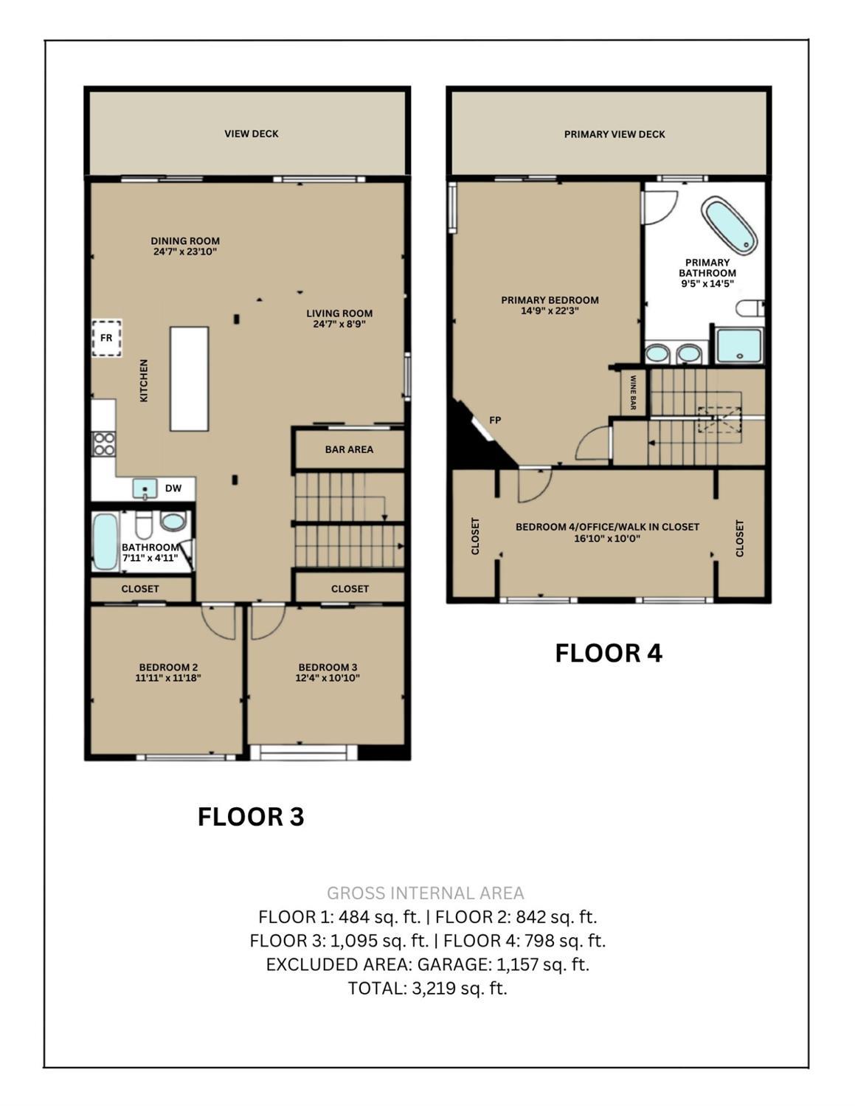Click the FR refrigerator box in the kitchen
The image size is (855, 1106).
[106, 337]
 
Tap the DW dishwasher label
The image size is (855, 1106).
[173, 488]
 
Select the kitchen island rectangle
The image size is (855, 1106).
[190, 379]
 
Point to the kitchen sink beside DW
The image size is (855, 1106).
[145, 488]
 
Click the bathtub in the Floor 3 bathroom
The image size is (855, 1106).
[105, 542]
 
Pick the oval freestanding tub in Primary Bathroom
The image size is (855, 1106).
[730, 225]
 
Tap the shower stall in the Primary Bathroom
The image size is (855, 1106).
[739, 346]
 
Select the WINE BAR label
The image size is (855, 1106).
[633, 393]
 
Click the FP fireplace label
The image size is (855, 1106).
[495, 420]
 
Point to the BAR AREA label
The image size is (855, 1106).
[349, 449]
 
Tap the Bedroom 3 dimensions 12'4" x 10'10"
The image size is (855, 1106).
[328, 677]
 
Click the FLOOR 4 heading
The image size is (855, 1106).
[609, 653]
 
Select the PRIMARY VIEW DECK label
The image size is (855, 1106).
[615, 134]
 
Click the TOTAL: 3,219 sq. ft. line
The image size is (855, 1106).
[428, 988]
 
